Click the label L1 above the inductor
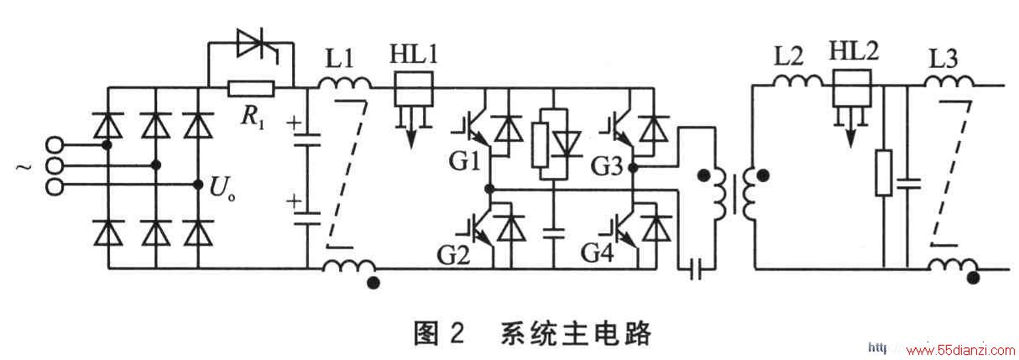click(x=339, y=59)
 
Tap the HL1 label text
click(x=414, y=54)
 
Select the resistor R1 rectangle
click(x=251, y=89)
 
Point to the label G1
click(x=464, y=161)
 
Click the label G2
click(x=453, y=254)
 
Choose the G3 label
click(x=606, y=166)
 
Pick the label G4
click(x=598, y=253)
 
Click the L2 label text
click(x=789, y=56)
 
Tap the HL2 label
click(x=854, y=50)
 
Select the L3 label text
click(x=943, y=59)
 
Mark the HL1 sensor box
click(x=414, y=89)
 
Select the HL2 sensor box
click(x=853, y=89)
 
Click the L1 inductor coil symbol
click(x=344, y=84)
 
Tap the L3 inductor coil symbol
click(x=949, y=82)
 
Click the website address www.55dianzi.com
click(x=960, y=351)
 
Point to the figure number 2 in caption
click(x=457, y=333)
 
